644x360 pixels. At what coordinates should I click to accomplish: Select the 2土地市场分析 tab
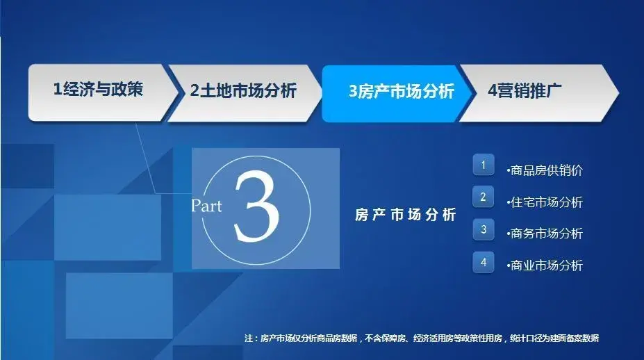(x=245, y=93)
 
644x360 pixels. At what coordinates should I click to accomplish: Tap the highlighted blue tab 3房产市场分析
(x=397, y=93)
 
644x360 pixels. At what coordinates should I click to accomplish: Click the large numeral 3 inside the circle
(x=256, y=206)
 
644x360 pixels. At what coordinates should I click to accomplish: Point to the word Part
(x=206, y=206)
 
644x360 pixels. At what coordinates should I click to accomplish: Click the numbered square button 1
(x=484, y=165)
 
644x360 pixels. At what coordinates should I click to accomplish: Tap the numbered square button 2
(x=484, y=197)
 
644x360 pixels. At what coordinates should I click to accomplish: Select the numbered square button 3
(x=484, y=229)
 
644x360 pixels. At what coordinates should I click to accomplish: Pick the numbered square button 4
(x=484, y=262)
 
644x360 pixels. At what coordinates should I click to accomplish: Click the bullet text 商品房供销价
(x=545, y=170)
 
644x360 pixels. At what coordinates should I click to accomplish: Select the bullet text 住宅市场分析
(x=545, y=202)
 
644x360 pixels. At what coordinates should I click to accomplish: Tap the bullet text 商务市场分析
(x=545, y=234)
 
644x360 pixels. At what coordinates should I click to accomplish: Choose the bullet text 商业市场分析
(x=545, y=265)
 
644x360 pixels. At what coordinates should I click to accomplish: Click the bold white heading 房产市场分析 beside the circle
(x=406, y=215)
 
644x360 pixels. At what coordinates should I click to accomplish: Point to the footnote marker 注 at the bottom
(x=249, y=338)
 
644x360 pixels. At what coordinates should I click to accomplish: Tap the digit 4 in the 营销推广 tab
(x=493, y=90)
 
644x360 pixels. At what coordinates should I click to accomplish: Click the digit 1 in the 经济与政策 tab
(x=58, y=89)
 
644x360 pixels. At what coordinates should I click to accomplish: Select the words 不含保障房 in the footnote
(x=385, y=338)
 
